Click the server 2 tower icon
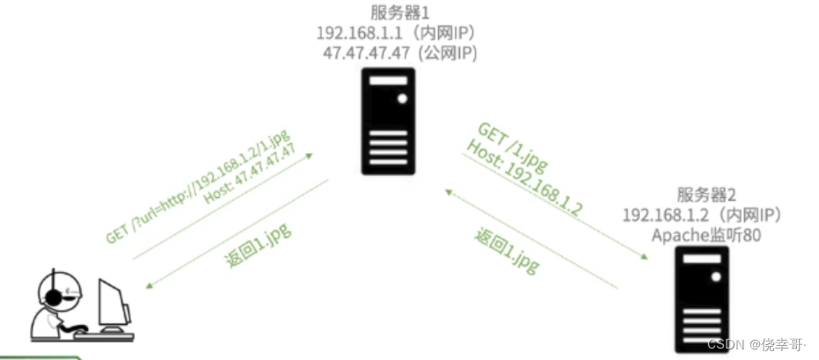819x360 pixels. click(x=704, y=298)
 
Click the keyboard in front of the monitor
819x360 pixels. click(x=104, y=334)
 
